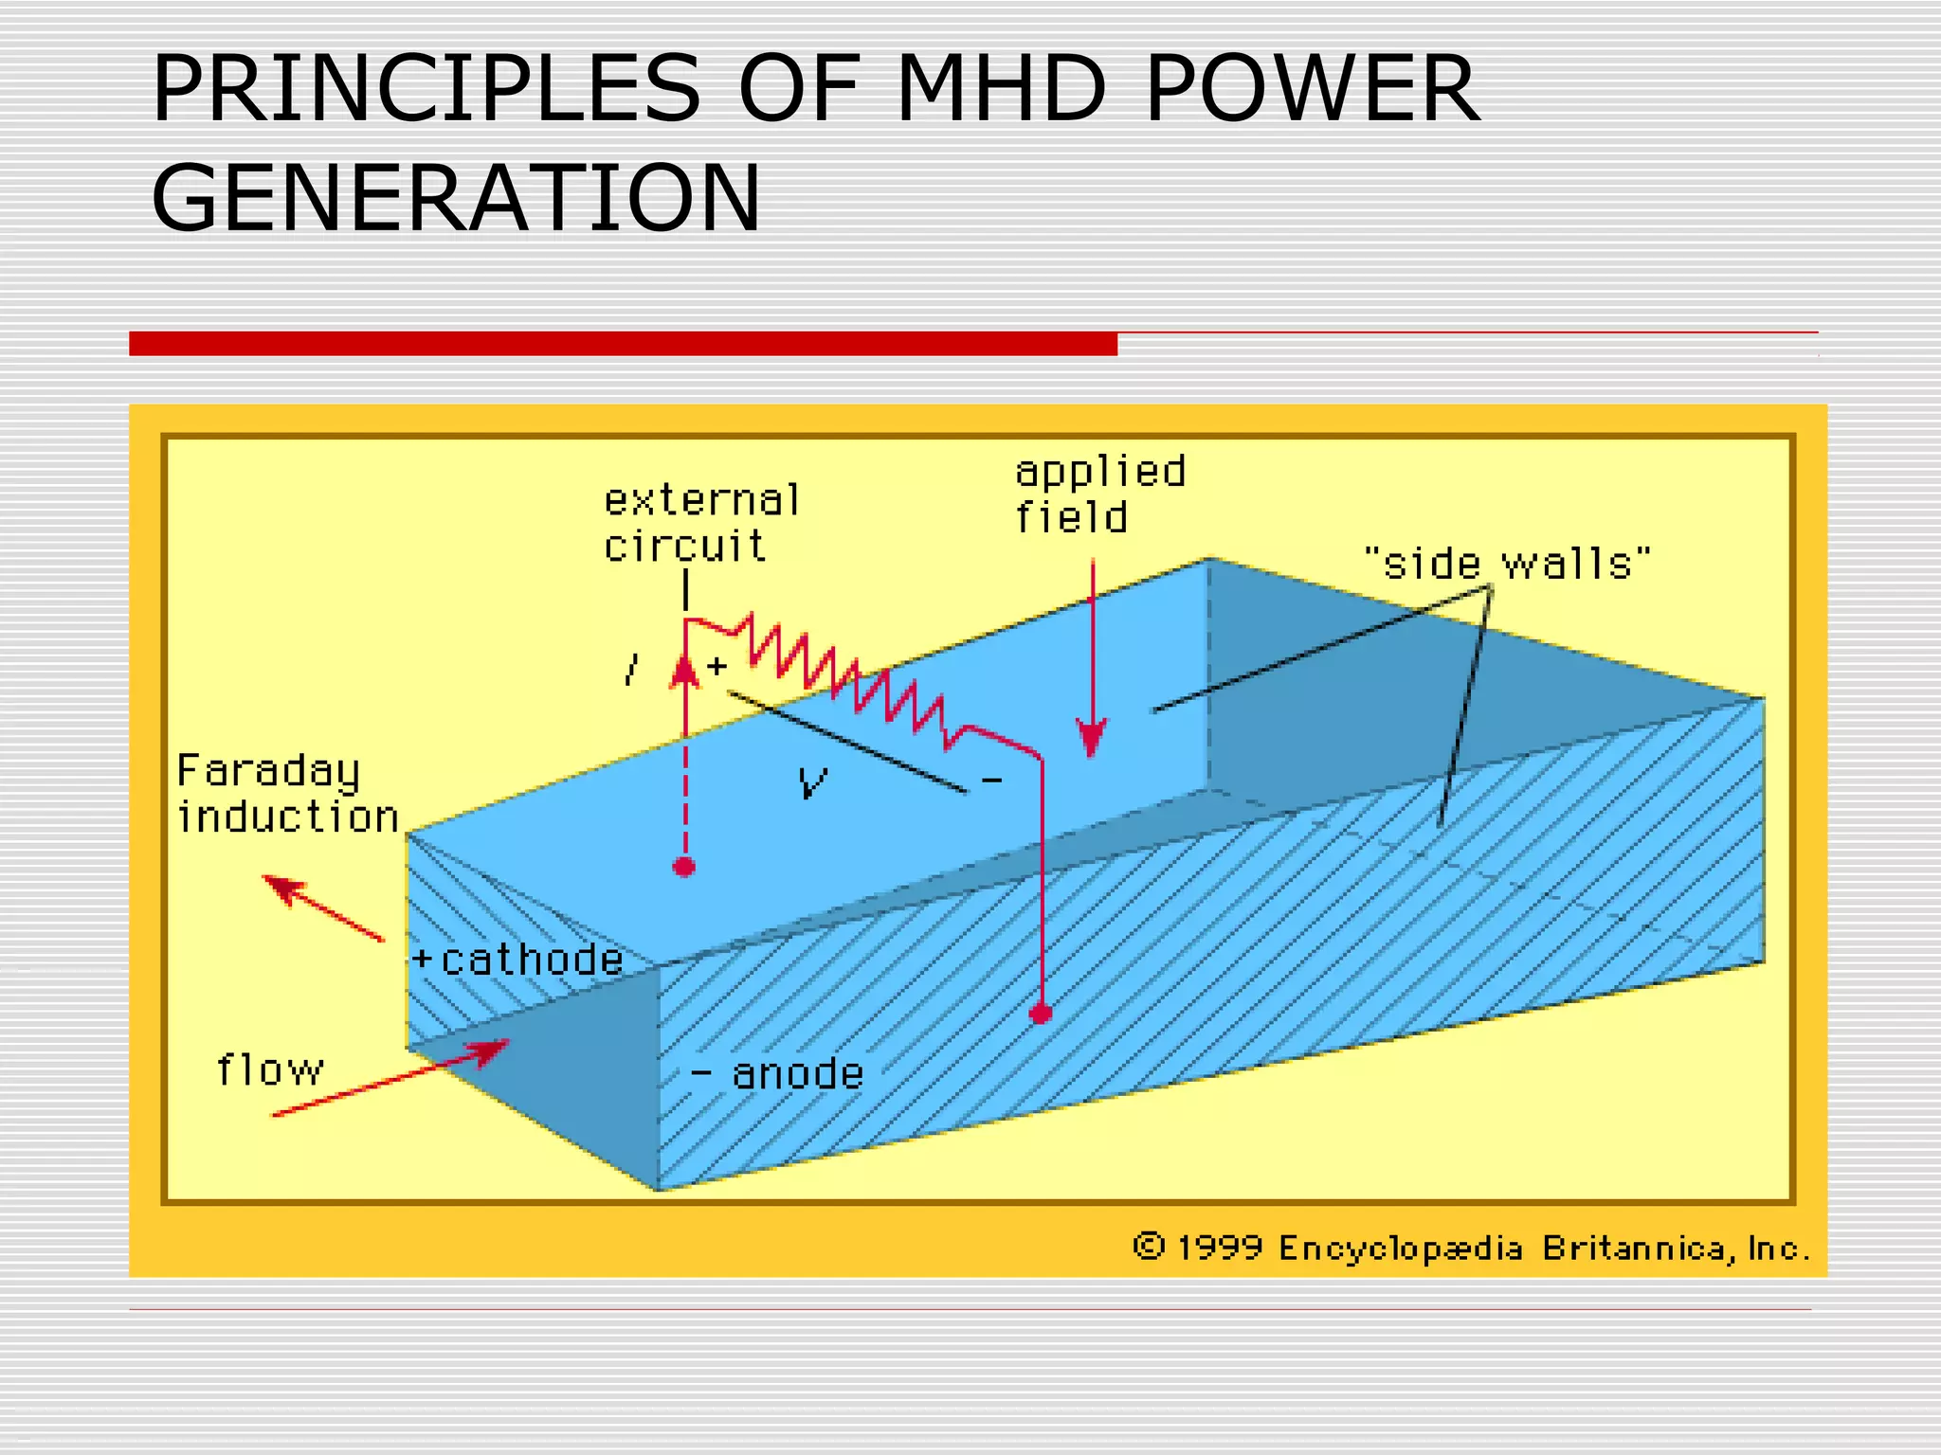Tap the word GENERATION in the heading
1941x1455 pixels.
tap(455, 198)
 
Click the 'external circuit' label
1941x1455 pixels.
tap(700, 524)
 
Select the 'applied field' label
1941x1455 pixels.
tap(1099, 494)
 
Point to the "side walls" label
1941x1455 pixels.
tap(1507, 564)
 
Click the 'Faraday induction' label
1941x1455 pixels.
tap(286, 794)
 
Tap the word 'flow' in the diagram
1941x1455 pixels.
tap(270, 1070)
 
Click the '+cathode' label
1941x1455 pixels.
tap(518, 960)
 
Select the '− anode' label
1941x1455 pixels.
tap(777, 1074)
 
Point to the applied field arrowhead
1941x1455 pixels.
tap(1092, 738)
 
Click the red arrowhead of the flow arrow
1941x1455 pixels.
tap(491, 1051)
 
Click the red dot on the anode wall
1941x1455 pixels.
tap(1041, 1014)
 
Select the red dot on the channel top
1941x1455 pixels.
tap(684, 866)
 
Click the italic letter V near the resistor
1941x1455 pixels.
tap(812, 782)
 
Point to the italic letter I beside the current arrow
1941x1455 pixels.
tap(632, 671)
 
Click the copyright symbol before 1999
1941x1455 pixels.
tap(1148, 1246)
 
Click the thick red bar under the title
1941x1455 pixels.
tap(623, 344)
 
